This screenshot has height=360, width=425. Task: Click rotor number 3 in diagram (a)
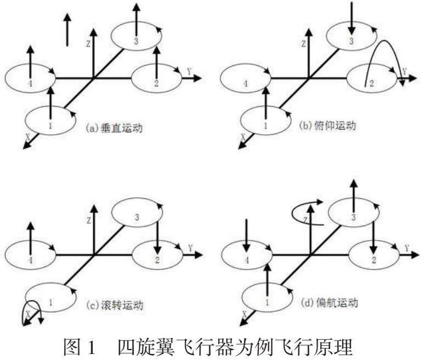pyautogui.click(x=134, y=37)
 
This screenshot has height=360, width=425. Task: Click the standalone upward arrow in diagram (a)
pyautogui.click(x=67, y=30)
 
